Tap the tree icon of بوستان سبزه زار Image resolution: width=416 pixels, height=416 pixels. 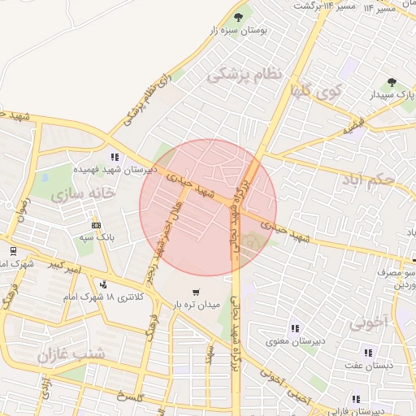[239, 16]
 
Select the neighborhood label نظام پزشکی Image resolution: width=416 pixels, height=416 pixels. [244, 76]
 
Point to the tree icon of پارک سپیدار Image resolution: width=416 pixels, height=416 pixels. [392, 82]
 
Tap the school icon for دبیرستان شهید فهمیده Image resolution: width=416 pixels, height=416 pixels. [115, 157]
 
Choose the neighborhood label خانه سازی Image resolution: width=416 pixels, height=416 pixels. [82, 195]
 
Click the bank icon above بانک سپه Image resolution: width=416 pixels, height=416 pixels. [97, 224]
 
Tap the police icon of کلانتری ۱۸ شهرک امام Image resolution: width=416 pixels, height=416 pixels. [103, 284]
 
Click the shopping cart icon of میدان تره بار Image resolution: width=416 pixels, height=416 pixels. [195, 292]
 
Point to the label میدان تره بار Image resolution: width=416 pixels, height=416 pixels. [195, 305]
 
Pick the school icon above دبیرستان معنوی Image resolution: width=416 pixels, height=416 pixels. [293, 328]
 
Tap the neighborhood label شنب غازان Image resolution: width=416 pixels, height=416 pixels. [71, 353]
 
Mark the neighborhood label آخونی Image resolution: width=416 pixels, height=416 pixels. [370, 323]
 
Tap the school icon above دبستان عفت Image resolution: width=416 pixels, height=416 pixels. [368, 353]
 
